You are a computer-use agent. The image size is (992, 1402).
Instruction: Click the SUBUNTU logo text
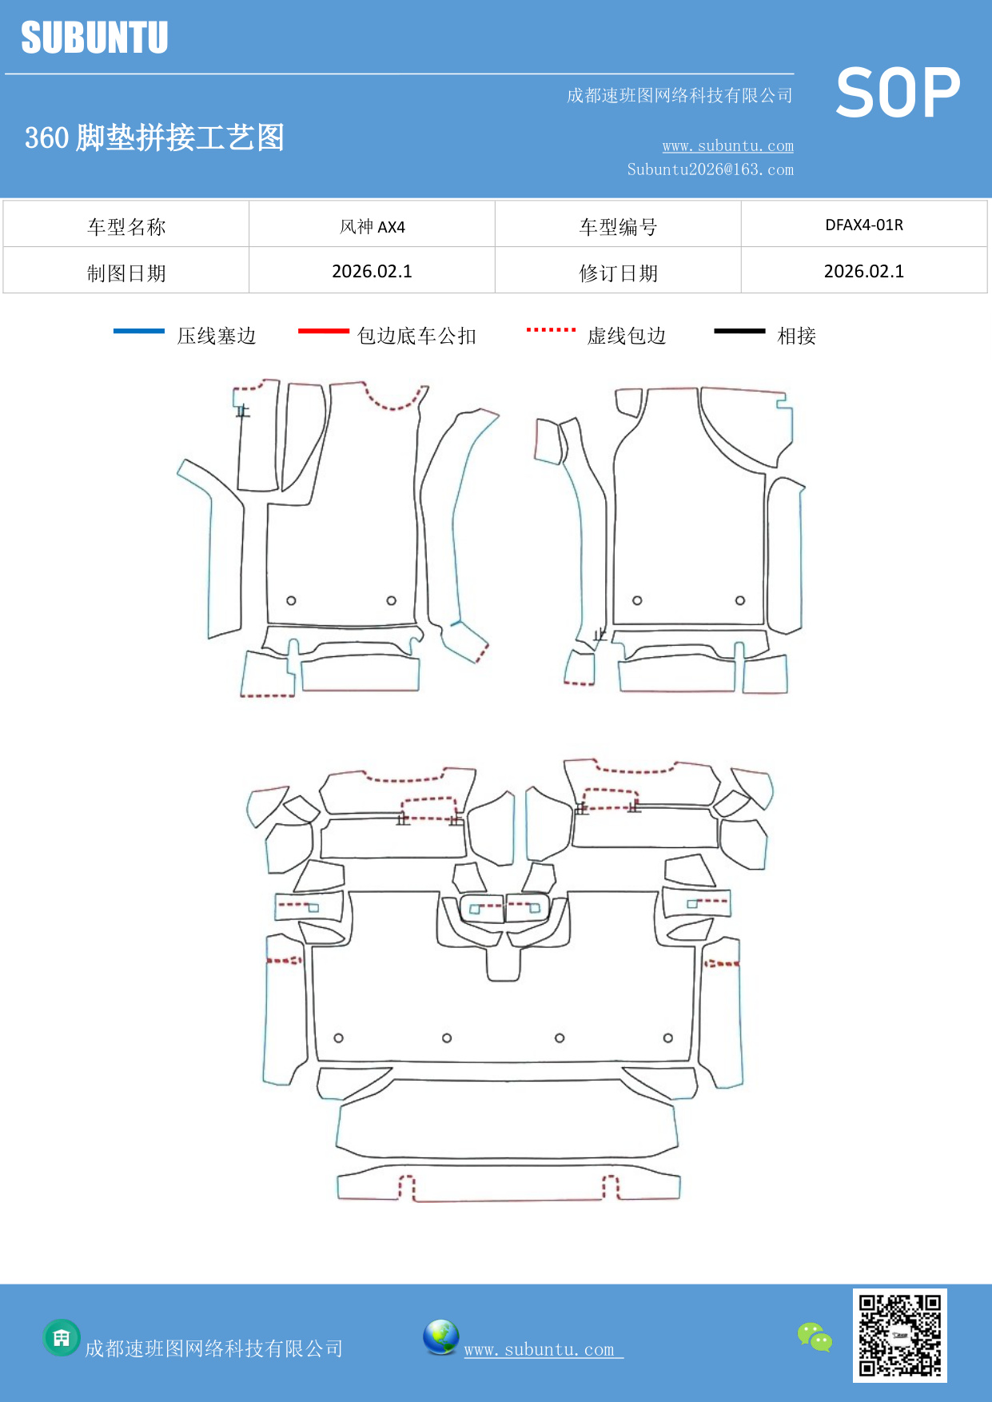tap(94, 38)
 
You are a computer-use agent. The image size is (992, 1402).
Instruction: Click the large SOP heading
tap(898, 93)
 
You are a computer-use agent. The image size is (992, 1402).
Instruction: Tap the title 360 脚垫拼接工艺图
tap(154, 137)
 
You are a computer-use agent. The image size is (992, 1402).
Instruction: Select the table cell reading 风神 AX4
tap(372, 226)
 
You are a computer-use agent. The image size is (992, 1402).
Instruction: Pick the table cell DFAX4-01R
tap(863, 225)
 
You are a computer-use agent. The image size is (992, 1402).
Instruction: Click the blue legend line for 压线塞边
tap(139, 331)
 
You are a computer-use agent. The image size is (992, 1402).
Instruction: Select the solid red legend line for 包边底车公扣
tap(324, 331)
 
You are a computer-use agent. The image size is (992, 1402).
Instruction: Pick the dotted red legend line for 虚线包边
tap(551, 329)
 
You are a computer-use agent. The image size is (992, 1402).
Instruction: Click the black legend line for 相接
tap(739, 331)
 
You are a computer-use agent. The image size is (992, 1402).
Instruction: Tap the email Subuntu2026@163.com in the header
tap(710, 169)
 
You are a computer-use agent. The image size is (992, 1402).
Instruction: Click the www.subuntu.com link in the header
tap(727, 145)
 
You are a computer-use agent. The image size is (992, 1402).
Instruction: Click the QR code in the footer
tap(899, 1335)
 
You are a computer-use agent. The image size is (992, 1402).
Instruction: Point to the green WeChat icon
tap(815, 1337)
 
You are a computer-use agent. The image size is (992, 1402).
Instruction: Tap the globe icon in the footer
tap(441, 1337)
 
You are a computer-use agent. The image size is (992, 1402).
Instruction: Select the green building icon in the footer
tap(62, 1337)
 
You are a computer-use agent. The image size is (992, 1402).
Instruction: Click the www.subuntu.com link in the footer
tap(540, 1349)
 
